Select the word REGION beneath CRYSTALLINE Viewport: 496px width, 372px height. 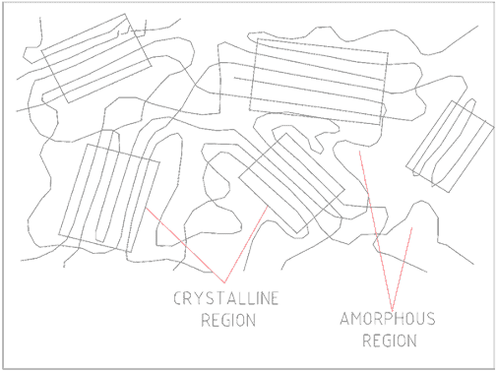coord(227,320)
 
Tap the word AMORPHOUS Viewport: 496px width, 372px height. coord(387,321)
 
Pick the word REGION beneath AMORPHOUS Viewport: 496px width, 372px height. coord(389,341)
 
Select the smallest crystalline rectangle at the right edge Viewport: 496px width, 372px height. coord(452,145)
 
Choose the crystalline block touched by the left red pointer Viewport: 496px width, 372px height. coord(108,196)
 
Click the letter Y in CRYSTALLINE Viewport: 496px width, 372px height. coord(201,299)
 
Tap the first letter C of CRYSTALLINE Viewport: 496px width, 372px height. coord(178,299)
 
